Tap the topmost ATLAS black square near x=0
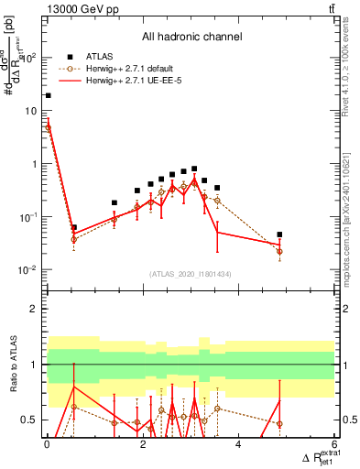tap(48, 95)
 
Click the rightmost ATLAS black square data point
tap(279, 234)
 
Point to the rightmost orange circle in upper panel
tap(279, 251)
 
